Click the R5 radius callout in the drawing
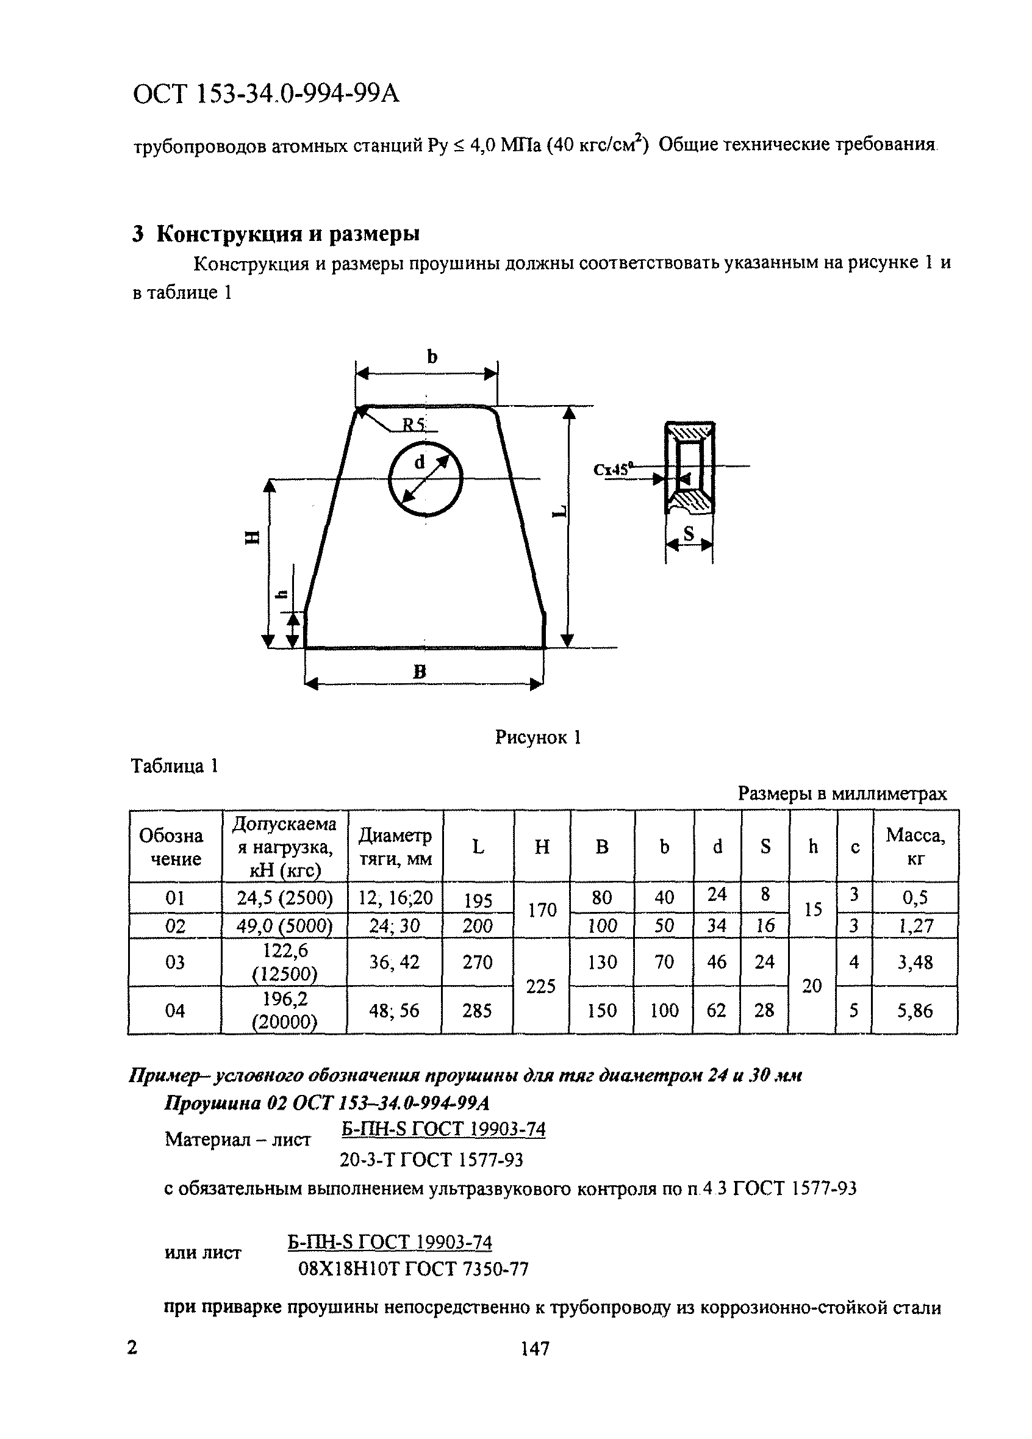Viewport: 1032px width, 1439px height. (x=414, y=424)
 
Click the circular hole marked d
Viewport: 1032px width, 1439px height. (x=426, y=479)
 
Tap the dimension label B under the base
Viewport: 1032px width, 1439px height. (x=419, y=671)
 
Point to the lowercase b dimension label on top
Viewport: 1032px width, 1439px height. (x=432, y=357)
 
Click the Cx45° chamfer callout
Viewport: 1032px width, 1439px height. (x=614, y=470)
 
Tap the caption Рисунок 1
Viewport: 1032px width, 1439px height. (x=538, y=737)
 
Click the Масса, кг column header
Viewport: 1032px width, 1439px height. (x=915, y=847)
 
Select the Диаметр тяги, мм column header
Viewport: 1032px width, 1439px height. (x=395, y=847)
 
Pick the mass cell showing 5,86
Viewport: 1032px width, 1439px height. (x=915, y=1010)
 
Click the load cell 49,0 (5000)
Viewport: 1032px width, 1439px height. (x=285, y=926)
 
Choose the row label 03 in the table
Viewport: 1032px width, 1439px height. (x=175, y=962)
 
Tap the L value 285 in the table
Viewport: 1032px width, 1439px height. (x=477, y=1010)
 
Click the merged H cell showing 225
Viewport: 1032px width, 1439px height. (x=541, y=986)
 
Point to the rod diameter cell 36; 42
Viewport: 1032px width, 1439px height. (x=395, y=962)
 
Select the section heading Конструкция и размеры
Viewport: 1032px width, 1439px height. (x=287, y=234)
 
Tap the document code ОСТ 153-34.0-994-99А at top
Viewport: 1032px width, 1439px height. (x=266, y=95)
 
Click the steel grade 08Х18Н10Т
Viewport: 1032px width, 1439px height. (x=348, y=1268)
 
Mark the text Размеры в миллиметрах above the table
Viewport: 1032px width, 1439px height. (x=842, y=794)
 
